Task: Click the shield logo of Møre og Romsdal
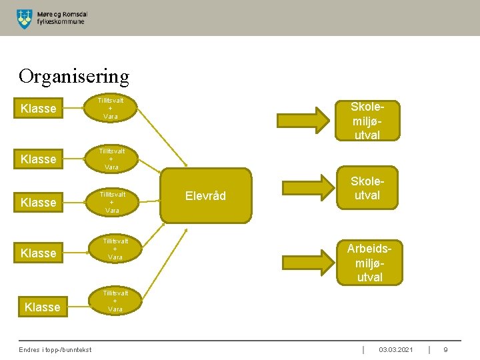pyautogui.click(x=24, y=19)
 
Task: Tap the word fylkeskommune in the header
pyautogui.click(x=61, y=21)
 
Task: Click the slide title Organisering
pyautogui.click(x=74, y=76)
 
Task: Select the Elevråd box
pyautogui.click(x=206, y=195)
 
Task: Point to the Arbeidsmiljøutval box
pyautogui.click(x=369, y=262)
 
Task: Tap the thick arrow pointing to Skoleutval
pyautogui.click(x=309, y=188)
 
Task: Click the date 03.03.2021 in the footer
pyautogui.click(x=396, y=350)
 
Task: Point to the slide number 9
pyautogui.click(x=445, y=350)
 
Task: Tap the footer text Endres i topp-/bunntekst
pyautogui.click(x=55, y=350)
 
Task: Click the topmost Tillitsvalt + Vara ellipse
pyautogui.click(x=111, y=108)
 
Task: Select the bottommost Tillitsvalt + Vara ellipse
pyautogui.click(x=115, y=301)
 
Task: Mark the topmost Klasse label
pyautogui.click(x=39, y=109)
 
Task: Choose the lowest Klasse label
pyautogui.click(x=42, y=307)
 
